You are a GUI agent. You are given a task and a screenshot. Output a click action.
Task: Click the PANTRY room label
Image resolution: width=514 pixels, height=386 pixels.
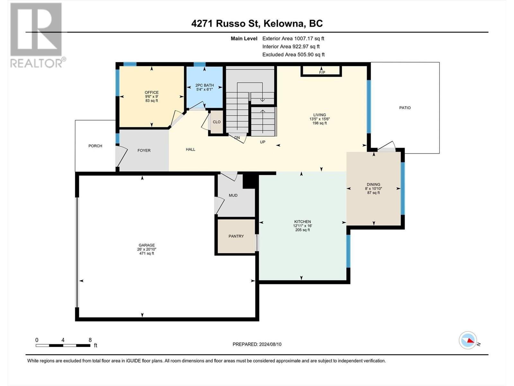[236, 236]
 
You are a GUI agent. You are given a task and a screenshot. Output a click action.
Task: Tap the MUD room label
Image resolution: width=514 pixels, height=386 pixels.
[233, 196]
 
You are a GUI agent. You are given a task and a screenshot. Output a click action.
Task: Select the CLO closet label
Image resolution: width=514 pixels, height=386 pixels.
[217, 122]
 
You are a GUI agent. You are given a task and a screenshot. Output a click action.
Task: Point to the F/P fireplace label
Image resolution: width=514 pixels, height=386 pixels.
[322, 72]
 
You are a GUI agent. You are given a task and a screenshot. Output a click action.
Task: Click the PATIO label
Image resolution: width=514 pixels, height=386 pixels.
[405, 108]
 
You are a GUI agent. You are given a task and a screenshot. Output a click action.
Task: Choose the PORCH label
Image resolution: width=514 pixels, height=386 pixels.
[95, 146]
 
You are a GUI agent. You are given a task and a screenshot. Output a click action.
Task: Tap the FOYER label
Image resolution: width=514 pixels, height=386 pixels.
[144, 151]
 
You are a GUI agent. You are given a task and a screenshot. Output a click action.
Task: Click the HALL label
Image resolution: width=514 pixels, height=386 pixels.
[191, 150]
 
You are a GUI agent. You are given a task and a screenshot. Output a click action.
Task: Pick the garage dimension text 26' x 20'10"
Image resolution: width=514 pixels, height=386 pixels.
[146, 249]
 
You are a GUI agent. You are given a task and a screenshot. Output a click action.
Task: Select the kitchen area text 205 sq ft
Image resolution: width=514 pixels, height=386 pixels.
[303, 230]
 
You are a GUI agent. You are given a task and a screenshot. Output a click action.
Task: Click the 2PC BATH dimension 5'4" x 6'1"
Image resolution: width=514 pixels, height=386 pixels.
[204, 89]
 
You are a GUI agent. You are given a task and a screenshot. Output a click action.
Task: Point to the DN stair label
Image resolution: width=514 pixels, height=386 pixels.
[237, 138]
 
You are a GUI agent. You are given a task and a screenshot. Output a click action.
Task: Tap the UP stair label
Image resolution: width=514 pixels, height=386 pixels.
[262, 142]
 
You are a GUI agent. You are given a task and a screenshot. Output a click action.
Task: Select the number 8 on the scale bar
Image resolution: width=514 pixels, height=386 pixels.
[90, 340]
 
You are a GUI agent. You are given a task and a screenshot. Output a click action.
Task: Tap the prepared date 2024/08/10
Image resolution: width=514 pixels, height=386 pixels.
[270, 344]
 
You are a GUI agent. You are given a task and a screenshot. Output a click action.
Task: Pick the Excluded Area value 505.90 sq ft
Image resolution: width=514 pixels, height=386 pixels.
[311, 55]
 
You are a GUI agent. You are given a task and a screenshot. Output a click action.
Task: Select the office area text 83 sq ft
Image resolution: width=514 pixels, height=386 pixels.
[152, 101]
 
